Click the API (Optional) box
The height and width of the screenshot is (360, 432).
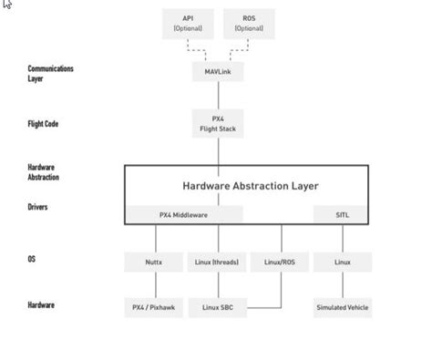click(188, 23)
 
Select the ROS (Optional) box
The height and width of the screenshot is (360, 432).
click(249, 23)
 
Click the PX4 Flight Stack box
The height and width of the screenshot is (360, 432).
click(218, 124)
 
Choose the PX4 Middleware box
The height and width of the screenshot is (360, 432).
click(184, 215)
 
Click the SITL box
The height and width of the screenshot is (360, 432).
click(342, 215)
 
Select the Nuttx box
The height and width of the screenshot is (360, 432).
click(154, 262)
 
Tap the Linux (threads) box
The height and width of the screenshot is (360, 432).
click(217, 262)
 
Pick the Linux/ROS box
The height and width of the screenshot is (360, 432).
click(279, 262)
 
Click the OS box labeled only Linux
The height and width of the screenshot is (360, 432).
click(342, 262)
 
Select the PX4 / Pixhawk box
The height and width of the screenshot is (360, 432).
click(154, 308)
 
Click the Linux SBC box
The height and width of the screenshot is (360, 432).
click(217, 308)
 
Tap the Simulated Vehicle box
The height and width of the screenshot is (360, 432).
click(342, 308)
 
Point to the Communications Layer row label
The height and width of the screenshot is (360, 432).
click(50, 73)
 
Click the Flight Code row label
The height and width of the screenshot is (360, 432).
click(43, 123)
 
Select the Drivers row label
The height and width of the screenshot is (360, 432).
click(38, 207)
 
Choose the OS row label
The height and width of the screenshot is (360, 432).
click(32, 260)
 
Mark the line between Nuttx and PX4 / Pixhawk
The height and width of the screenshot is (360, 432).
click(154, 285)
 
